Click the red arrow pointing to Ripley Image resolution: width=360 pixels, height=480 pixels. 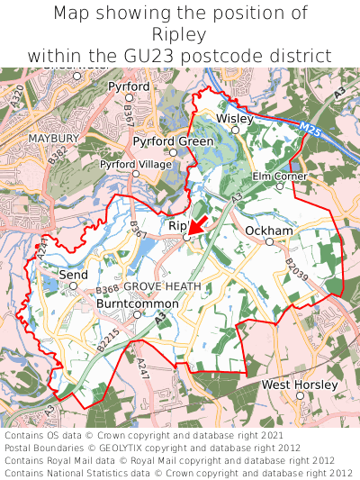(198, 224)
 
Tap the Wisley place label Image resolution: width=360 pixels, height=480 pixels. (235, 117)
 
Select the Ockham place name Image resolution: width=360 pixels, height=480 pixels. (268, 231)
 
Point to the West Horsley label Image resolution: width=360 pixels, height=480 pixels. (300, 385)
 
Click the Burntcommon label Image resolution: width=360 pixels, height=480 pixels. (137, 303)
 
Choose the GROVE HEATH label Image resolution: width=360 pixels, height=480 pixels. (162, 286)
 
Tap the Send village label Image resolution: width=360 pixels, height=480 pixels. (74, 273)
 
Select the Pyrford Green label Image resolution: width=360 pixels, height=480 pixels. (173, 141)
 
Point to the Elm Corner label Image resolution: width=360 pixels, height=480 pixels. (279, 176)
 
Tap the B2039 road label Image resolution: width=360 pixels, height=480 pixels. (297, 270)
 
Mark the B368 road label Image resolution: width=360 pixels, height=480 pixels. (107, 289)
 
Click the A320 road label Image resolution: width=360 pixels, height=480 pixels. (19, 95)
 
